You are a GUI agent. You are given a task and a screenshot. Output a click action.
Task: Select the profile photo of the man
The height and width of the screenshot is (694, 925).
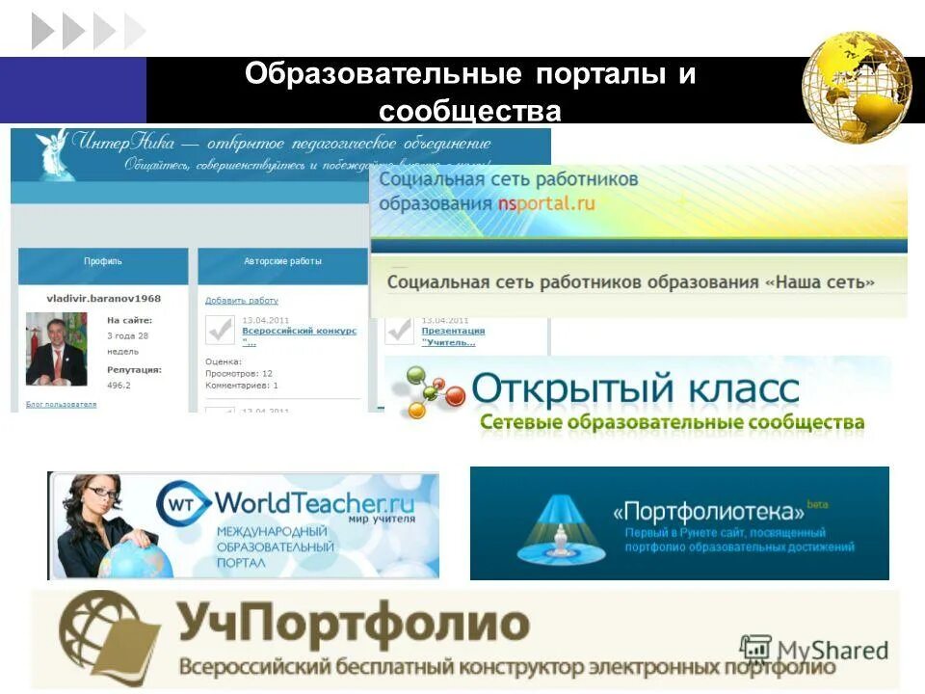coord(56,349)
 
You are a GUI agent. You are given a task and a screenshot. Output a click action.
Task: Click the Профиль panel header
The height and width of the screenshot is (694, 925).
coord(103,261)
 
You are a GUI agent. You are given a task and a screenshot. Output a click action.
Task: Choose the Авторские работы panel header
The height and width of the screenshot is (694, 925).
coord(282,261)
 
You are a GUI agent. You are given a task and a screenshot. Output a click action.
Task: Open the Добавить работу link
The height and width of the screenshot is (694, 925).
coord(241,301)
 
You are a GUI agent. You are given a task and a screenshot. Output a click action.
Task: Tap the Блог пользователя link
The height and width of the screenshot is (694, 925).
coord(61,405)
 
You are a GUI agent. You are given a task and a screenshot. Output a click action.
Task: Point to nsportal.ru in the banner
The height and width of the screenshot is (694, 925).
coord(546,203)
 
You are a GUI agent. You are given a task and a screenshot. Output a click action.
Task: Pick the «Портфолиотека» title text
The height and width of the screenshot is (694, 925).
coord(708,511)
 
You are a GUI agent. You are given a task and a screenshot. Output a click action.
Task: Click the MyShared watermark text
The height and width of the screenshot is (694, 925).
coord(831,651)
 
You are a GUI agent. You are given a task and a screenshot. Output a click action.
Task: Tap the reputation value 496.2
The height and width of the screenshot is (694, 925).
coord(119,385)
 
